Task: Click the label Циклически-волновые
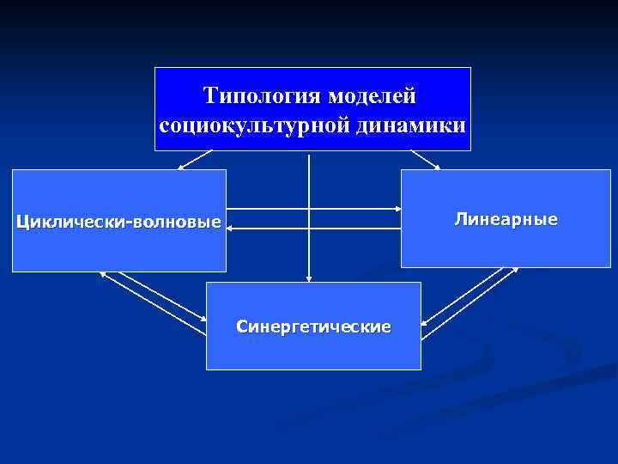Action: click(x=118, y=223)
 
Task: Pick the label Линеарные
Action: click(x=506, y=219)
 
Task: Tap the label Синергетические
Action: click(x=313, y=327)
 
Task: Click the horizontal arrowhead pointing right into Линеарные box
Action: click(x=397, y=209)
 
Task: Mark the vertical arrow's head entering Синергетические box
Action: click(x=309, y=278)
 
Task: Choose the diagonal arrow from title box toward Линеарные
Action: click(x=424, y=160)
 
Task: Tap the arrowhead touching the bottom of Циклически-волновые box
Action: click(x=103, y=274)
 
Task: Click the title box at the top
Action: click(x=312, y=108)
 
